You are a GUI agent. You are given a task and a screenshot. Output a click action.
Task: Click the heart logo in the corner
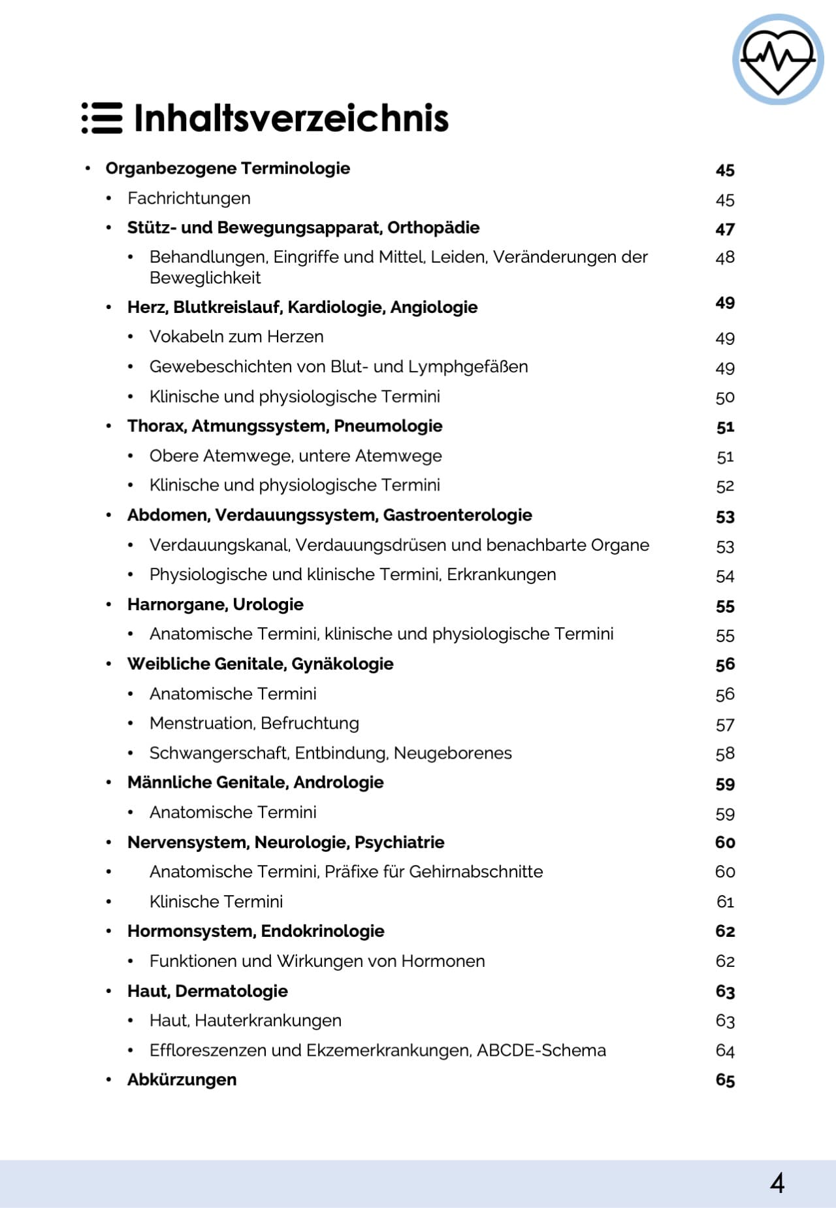click(x=777, y=59)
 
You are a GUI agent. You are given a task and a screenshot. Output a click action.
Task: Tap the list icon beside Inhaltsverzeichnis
click(x=102, y=118)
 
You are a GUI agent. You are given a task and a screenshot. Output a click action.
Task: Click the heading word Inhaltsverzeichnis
click(x=291, y=118)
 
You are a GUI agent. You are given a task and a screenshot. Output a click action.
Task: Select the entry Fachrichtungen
click(x=189, y=198)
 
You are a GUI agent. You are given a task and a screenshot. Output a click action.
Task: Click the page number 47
click(x=725, y=229)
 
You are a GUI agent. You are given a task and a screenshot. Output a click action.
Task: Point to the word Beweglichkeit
click(x=205, y=278)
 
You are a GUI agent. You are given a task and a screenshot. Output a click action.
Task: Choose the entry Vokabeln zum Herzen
click(x=236, y=336)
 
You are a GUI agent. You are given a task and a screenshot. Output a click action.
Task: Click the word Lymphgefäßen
click(x=468, y=367)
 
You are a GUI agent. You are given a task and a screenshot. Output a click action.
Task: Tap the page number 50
click(x=725, y=397)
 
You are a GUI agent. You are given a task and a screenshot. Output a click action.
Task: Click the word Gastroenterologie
click(x=457, y=515)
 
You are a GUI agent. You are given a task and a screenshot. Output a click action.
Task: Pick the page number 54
click(x=725, y=576)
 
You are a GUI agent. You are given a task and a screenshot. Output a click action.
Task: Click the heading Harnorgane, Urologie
click(x=216, y=604)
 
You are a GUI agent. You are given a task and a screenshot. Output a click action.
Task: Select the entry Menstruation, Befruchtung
click(x=254, y=723)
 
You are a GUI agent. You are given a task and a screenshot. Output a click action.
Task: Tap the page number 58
click(x=725, y=754)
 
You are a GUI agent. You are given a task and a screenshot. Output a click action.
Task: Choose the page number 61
click(x=725, y=902)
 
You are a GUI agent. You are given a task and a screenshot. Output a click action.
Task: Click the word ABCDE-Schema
click(x=541, y=1051)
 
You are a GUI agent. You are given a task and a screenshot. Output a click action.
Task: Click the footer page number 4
click(x=777, y=1183)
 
